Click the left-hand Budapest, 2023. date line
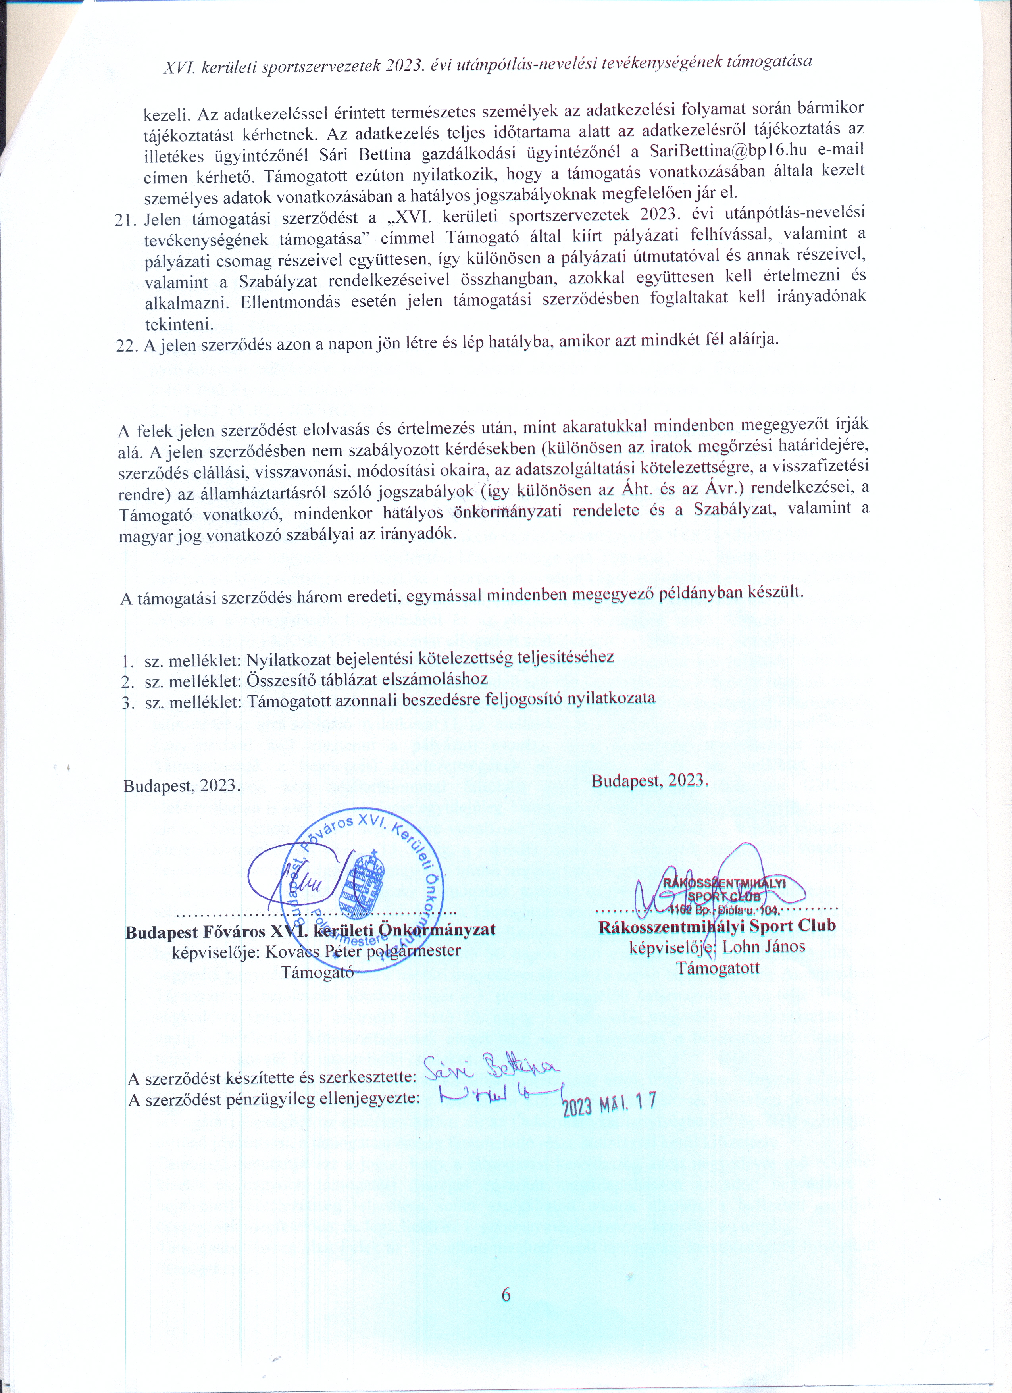(x=182, y=787)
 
